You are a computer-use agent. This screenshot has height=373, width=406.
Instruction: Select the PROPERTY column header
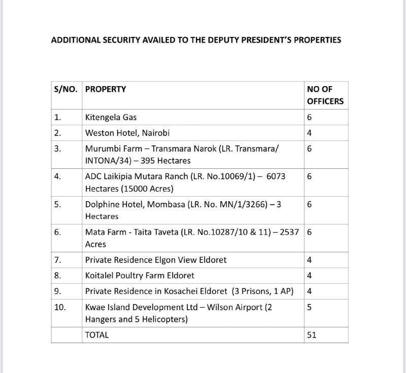point(106,89)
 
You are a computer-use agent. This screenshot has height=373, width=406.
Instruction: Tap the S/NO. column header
point(66,89)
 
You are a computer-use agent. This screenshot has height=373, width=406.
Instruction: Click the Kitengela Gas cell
point(111,118)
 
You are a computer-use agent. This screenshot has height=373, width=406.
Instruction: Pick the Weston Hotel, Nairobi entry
point(127,133)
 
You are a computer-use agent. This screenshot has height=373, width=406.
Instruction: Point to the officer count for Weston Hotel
point(309,133)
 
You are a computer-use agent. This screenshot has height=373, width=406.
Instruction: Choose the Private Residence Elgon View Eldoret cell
point(156,260)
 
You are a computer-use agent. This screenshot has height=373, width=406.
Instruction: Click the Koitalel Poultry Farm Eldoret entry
point(140,276)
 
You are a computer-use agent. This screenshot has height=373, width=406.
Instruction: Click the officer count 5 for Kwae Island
point(309,307)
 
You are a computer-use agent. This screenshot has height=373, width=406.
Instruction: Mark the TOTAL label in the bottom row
point(97,335)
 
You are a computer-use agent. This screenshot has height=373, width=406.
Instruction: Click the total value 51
point(312,335)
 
